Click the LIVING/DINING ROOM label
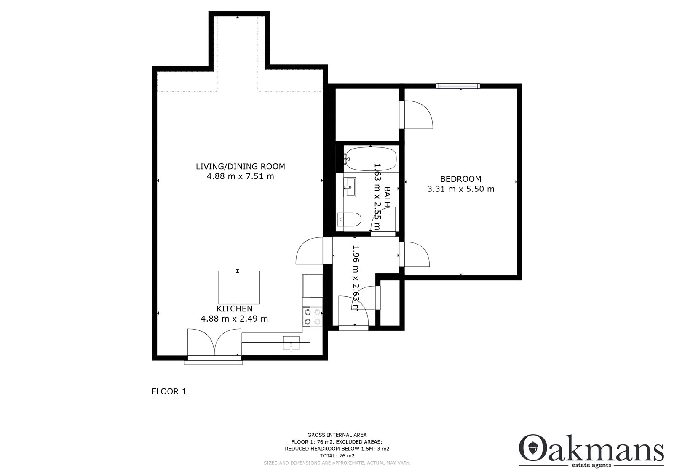(x=241, y=166)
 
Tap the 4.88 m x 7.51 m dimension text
(x=241, y=176)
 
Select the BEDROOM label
(x=461, y=179)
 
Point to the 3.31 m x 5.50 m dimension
(x=461, y=189)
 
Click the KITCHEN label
(x=234, y=308)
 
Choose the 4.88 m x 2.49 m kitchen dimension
(x=234, y=319)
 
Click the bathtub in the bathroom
(x=371, y=159)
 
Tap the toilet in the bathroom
(x=349, y=220)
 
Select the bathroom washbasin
(x=350, y=187)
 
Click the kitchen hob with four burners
(x=312, y=317)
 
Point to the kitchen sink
(x=291, y=343)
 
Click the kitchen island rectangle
(x=239, y=287)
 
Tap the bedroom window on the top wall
(x=458, y=86)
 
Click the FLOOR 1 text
(x=169, y=391)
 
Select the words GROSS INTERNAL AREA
(x=337, y=435)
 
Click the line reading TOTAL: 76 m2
(x=337, y=456)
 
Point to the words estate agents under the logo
(x=591, y=465)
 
